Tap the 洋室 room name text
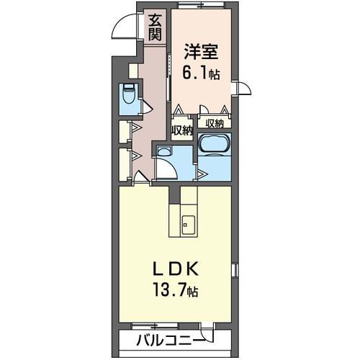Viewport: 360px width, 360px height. tap(201, 52)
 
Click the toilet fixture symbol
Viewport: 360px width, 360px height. tap(129, 96)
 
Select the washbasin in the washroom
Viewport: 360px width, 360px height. tap(163, 152)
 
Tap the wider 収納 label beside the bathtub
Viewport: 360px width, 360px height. tap(215, 123)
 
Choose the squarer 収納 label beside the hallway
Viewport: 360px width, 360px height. tap(181, 130)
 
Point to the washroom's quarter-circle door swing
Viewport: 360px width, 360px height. tap(168, 170)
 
